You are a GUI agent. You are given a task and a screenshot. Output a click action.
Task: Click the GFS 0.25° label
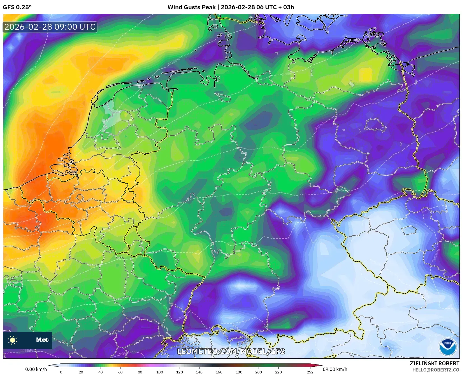point(17,7)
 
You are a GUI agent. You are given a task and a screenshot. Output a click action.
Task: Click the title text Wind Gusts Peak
point(192,7)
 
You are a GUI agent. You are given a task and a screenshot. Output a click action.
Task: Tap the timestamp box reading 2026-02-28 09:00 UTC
point(50,27)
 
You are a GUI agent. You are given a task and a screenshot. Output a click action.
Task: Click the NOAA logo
point(447,347)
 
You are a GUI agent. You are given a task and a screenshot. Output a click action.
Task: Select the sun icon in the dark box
point(13,340)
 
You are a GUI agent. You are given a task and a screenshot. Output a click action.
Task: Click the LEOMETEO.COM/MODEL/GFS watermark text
point(231,351)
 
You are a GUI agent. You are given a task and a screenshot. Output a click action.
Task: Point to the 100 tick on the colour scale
point(160,372)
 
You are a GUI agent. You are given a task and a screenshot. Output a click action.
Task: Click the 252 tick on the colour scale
point(310,372)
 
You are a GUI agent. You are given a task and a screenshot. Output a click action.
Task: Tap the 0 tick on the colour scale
point(61,372)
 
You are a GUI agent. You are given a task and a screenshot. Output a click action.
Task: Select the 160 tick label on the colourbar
point(219,372)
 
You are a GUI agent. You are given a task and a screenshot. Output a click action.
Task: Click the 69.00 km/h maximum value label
point(335,369)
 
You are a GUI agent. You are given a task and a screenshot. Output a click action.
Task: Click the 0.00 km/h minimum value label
point(36,369)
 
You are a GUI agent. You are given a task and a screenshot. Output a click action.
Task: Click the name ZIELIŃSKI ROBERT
point(435,364)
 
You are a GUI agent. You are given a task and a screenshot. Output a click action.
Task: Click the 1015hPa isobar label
point(288,74)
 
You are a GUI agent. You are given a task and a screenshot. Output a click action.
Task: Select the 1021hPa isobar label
point(60,281)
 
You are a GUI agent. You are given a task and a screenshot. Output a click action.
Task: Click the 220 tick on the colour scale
point(278,372)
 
